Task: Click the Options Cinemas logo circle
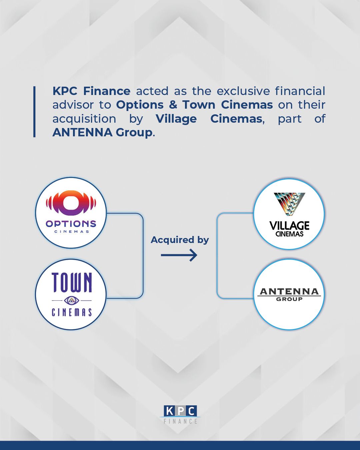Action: tap(71, 213)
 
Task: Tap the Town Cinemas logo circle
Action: tap(71, 295)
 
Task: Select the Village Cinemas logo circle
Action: tap(289, 214)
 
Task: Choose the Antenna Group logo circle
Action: tap(289, 295)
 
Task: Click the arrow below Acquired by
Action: tap(179, 255)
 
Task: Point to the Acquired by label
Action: tap(180, 240)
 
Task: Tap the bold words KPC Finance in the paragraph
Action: tap(91, 91)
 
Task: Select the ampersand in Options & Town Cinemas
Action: tap(173, 105)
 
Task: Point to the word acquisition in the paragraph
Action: tap(84, 119)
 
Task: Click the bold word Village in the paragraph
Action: tap(176, 119)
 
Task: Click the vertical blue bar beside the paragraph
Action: tap(34, 112)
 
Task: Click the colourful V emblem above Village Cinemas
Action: tap(289, 203)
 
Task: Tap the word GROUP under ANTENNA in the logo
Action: tap(289, 299)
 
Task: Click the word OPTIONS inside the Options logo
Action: tap(71, 224)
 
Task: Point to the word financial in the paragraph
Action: tap(300, 91)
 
